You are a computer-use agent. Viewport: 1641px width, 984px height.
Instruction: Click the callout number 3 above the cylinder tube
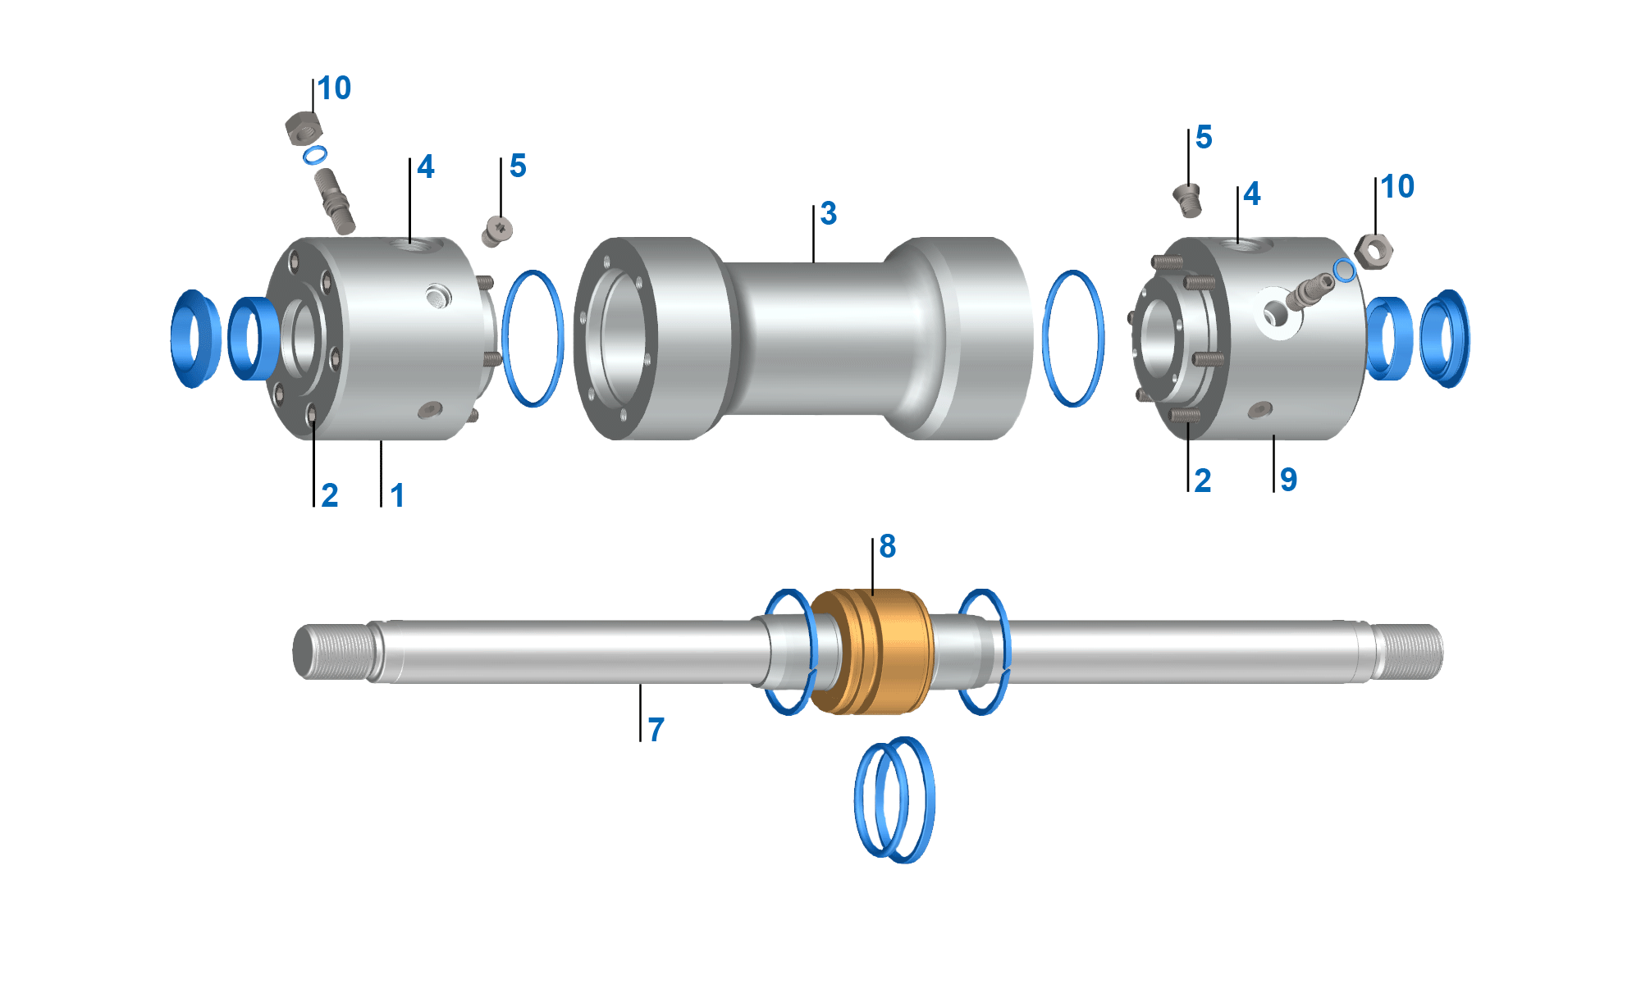[829, 214]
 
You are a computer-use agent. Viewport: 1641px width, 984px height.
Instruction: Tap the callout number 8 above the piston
[887, 547]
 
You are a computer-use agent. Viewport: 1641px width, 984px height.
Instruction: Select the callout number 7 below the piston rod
[656, 730]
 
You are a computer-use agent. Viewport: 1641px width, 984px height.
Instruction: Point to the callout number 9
[1288, 480]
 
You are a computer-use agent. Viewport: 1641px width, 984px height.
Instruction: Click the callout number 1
[397, 495]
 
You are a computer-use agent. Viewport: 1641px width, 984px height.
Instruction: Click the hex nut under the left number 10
[303, 128]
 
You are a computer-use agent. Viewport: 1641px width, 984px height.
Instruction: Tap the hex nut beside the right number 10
[1374, 251]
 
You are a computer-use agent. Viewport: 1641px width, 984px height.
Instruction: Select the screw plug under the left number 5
[497, 230]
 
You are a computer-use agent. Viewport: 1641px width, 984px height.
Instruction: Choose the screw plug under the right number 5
[1187, 199]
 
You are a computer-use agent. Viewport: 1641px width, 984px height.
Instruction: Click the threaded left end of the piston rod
[332, 652]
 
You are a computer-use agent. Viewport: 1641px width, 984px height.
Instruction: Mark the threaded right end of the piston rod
[1407, 652]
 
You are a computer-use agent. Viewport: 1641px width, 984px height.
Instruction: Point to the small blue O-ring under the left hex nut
[315, 155]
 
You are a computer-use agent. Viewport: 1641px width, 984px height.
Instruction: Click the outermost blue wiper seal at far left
[194, 338]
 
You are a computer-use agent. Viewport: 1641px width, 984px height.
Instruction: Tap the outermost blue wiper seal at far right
[1447, 338]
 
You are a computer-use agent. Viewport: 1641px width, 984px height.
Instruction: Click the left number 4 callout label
[425, 167]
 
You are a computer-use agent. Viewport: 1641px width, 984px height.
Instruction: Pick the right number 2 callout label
[1202, 481]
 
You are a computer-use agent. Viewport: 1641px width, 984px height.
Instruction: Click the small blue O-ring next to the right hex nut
[1344, 270]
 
